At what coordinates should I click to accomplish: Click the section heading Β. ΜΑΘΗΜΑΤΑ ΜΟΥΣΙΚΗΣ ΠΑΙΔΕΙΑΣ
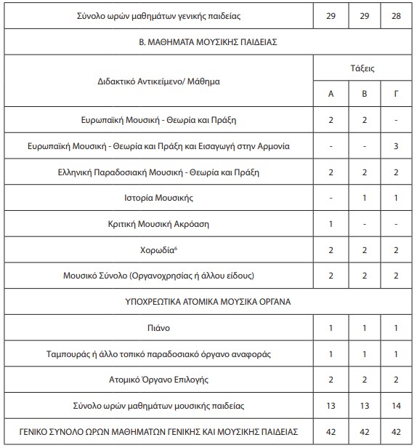tap(208, 42)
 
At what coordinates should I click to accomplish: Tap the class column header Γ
tap(395, 95)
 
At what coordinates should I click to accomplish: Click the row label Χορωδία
tap(156, 249)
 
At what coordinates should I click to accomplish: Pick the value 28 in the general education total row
tap(395, 15)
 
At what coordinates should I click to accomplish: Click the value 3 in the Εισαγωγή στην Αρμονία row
tap(395, 145)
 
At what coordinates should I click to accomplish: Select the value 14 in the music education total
tap(395, 407)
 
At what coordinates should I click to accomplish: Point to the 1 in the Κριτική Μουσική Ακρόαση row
tap(331, 223)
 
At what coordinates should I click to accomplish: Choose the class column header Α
tap(331, 95)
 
